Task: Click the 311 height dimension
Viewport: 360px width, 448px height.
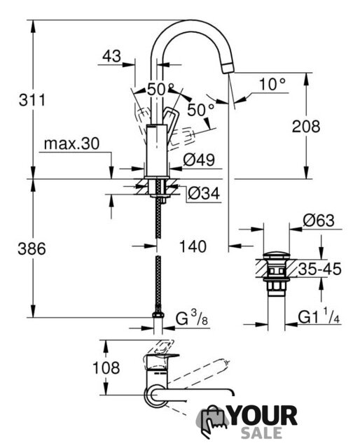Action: click(x=32, y=100)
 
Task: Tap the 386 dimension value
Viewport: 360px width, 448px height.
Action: click(x=32, y=248)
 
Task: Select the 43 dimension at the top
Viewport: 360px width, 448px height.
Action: click(x=112, y=56)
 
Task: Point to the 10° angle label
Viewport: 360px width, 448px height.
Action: click(x=272, y=85)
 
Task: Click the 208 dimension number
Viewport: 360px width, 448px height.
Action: click(x=306, y=126)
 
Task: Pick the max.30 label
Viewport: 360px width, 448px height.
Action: click(x=71, y=143)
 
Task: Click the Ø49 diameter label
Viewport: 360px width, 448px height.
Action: click(x=199, y=160)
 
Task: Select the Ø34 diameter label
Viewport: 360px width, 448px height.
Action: click(x=204, y=193)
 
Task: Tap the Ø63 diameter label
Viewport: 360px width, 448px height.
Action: click(x=319, y=220)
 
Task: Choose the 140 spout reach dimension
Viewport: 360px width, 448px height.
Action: click(x=193, y=246)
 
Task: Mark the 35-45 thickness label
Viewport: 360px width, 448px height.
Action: click(x=319, y=269)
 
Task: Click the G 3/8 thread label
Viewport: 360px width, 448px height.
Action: click(x=192, y=318)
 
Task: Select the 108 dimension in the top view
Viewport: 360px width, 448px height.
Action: click(x=106, y=367)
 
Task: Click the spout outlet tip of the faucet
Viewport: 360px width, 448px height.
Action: click(x=228, y=69)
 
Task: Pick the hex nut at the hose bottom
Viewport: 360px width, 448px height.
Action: click(x=158, y=315)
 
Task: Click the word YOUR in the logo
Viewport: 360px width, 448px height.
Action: click(x=263, y=416)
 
